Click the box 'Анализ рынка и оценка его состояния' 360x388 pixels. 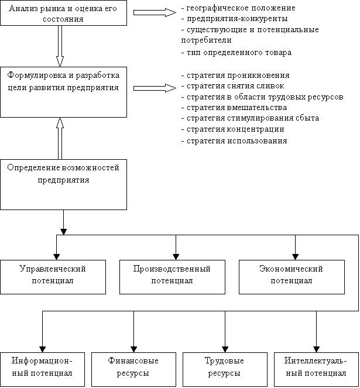[x=63, y=13]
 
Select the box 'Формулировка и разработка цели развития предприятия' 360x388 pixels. [x=63, y=92]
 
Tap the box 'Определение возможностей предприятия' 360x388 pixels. [x=63, y=184]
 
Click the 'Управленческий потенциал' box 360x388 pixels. [x=53, y=277]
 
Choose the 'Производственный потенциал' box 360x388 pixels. [x=172, y=277]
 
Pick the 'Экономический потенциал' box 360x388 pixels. [x=292, y=277]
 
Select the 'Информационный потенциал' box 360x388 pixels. [x=42, y=369]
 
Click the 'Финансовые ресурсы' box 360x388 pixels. [x=133, y=369]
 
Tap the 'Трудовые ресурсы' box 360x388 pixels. [x=225, y=369]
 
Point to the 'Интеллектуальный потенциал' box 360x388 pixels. [x=317, y=369]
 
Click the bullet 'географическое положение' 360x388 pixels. [x=238, y=8]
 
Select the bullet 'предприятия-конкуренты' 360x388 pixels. [x=235, y=19]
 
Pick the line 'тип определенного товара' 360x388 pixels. [x=236, y=53]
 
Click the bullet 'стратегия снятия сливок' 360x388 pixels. [x=233, y=86]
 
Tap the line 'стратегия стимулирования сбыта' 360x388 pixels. [x=250, y=118]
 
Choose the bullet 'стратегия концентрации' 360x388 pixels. [x=233, y=129]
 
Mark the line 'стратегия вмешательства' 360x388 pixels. [x=234, y=108]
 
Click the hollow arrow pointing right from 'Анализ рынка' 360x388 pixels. [x=155, y=12]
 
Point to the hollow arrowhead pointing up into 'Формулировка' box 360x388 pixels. [x=60, y=123]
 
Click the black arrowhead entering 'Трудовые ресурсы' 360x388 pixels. [x=225, y=349]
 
